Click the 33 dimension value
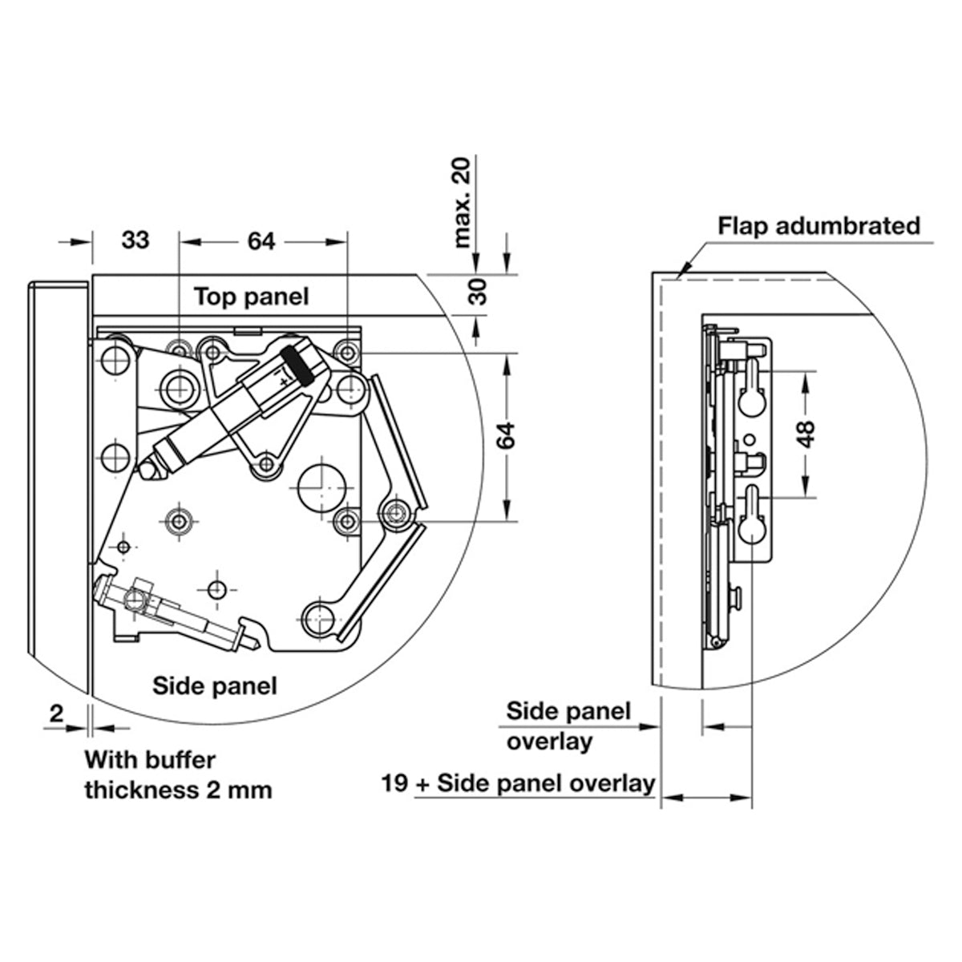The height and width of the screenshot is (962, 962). [x=135, y=240]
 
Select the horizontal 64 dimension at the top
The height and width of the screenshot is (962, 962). [x=261, y=240]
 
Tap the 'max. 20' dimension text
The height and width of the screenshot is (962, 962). [x=464, y=202]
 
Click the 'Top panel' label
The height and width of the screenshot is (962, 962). [x=251, y=297]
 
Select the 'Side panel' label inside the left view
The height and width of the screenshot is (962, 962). [x=215, y=685]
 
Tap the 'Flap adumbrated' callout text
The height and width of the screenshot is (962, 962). [x=819, y=225]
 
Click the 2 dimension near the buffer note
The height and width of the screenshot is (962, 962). [x=56, y=713]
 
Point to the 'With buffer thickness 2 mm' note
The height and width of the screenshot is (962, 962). [x=178, y=774]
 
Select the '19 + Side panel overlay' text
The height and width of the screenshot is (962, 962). [x=519, y=782]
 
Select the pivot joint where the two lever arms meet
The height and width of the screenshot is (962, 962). [x=394, y=512]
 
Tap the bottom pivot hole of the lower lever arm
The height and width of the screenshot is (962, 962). [x=319, y=615]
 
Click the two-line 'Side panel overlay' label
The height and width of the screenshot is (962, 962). [x=568, y=726]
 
